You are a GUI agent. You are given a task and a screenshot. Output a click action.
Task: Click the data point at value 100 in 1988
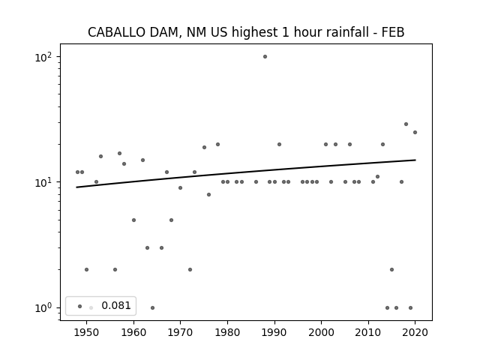coord(265,57)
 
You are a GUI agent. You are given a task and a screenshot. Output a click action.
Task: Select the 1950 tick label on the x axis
coord(87,332)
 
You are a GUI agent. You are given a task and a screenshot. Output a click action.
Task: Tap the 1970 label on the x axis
coord(180,332)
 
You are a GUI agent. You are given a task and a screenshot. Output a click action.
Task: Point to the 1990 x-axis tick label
coord(274,332)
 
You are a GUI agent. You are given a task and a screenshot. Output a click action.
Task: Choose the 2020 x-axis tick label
coord(415,332)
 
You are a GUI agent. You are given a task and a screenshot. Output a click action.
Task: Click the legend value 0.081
coord(116,305)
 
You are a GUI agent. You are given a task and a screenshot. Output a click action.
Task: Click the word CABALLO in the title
coord(117,32)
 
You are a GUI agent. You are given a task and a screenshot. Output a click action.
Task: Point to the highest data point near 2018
coord(406,124)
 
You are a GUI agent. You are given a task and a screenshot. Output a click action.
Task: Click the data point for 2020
coord(415,132)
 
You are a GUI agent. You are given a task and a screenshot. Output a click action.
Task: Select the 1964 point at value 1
coord(152,307)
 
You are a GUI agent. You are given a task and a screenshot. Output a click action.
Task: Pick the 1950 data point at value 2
coord(87,270)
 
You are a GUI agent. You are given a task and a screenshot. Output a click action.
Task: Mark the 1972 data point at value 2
coord(190,270)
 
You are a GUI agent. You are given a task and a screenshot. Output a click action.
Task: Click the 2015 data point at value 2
coord(391,270)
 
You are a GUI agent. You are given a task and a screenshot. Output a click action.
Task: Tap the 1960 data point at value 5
coord(133,220)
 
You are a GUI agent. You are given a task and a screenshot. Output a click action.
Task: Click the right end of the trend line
coord(415,160)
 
